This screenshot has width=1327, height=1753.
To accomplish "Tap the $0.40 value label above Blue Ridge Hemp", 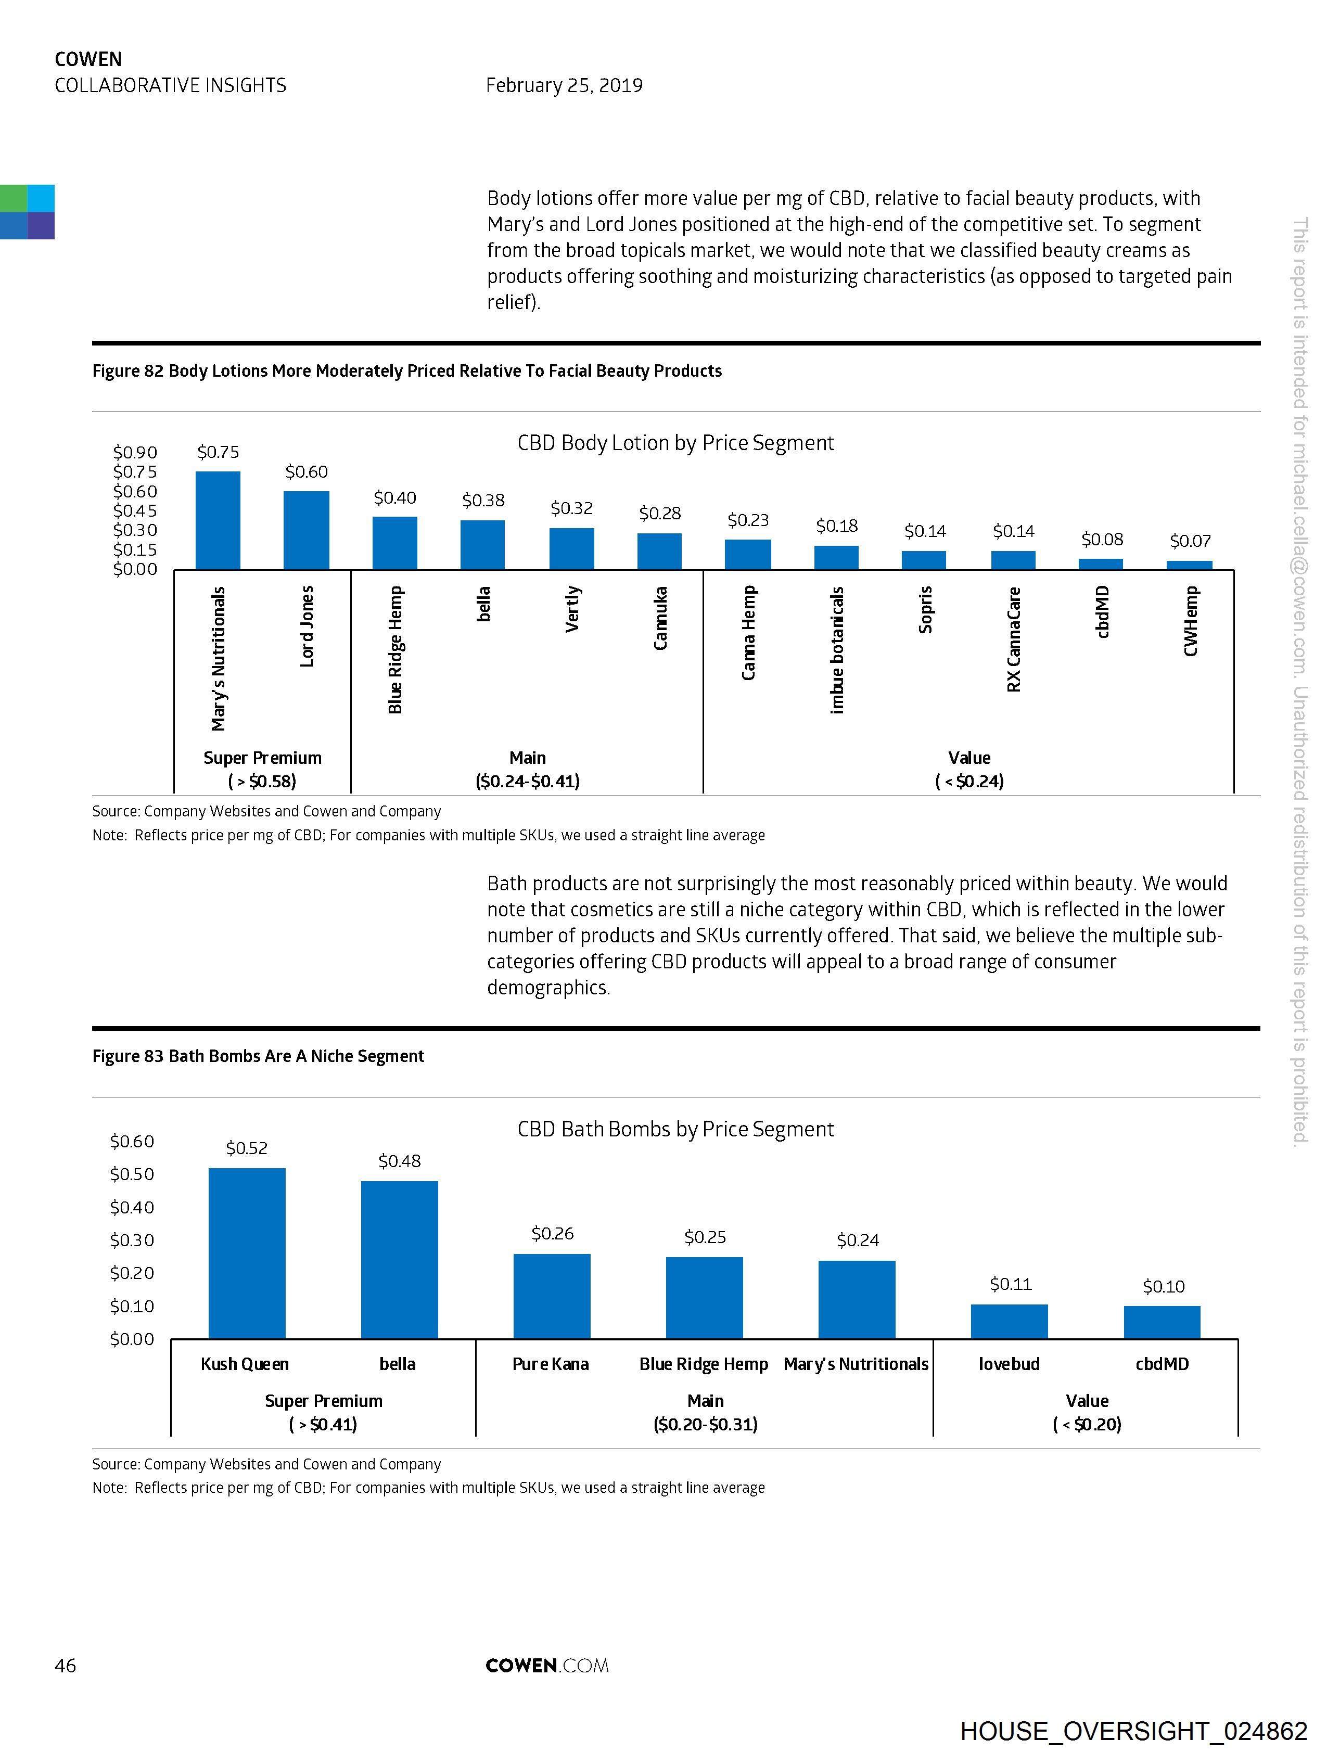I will pos(395,497).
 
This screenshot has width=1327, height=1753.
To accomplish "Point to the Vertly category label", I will pos(572,609).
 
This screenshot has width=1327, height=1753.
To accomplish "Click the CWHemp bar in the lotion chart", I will pos(1189,565).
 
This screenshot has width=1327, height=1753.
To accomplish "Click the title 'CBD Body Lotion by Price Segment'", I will pos(675,443).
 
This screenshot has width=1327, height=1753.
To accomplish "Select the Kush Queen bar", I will pos(247,1253).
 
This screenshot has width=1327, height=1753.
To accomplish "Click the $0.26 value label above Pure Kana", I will pos(553,1233).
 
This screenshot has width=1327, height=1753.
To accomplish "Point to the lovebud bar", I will pos(1009,1321).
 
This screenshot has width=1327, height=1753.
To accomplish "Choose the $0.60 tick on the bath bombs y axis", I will pos(132,1141).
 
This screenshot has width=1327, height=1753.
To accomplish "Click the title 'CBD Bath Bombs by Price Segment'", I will pos(675,1129).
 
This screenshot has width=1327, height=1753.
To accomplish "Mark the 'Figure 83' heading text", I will pos(258,1056).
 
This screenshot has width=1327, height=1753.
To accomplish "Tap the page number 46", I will pos(65,1665).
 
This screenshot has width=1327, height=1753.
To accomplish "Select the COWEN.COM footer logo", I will pos(547,1665).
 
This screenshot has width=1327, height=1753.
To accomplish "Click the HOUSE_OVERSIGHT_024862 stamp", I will pos(1133,1731).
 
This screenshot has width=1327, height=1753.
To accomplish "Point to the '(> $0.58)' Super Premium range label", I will pos(262,782).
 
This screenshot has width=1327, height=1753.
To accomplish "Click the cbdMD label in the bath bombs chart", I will pos(1162,1364).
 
